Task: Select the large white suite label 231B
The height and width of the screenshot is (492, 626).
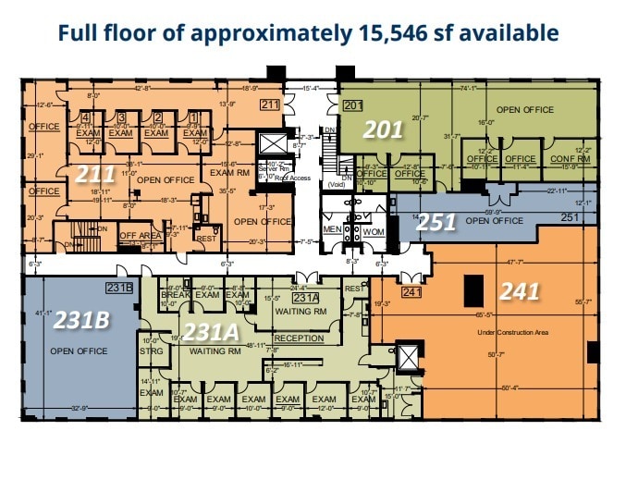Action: click(82, 320)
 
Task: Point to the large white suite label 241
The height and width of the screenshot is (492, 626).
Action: click(520, 291)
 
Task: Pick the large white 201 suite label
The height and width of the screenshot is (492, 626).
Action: click(381, 129)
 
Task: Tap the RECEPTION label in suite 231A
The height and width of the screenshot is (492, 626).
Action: click(299, 338)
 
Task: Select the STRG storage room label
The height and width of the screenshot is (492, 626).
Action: click(152, 351)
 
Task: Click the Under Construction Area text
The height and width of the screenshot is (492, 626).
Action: click(512, 332)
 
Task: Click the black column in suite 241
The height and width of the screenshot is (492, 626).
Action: click(472, 289)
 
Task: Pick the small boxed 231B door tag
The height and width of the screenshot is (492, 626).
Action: click(120, 288)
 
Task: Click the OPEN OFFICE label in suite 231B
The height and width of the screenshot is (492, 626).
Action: click(79, 351)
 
